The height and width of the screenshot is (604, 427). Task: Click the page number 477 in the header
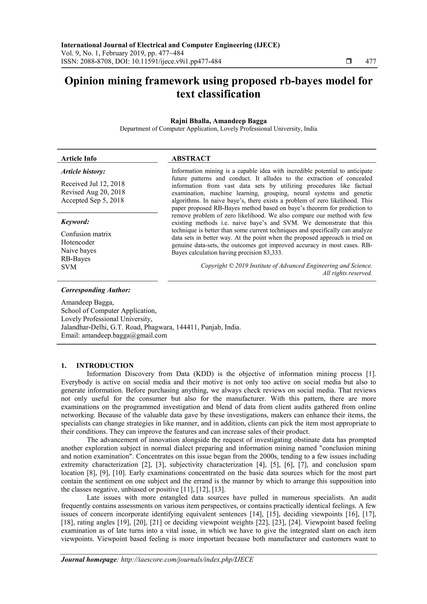[x=371, y=62]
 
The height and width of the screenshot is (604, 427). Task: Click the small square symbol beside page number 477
[x=349, y=62]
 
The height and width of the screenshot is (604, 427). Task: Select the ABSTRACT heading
[x=191, y=158]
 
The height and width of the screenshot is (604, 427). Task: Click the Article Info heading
[x=79, y=158]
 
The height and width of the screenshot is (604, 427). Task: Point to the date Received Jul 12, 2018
[x=93, y=184]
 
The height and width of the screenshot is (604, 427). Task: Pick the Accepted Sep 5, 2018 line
[x=92, y=200]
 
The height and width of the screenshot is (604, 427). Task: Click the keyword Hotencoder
[x=78, y=242]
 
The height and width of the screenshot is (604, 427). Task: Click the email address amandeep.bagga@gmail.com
[x=124, y=335]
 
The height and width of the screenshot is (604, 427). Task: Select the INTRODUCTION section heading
[x=105, y=366]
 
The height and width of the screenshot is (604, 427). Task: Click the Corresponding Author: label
[x=96, y=290]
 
